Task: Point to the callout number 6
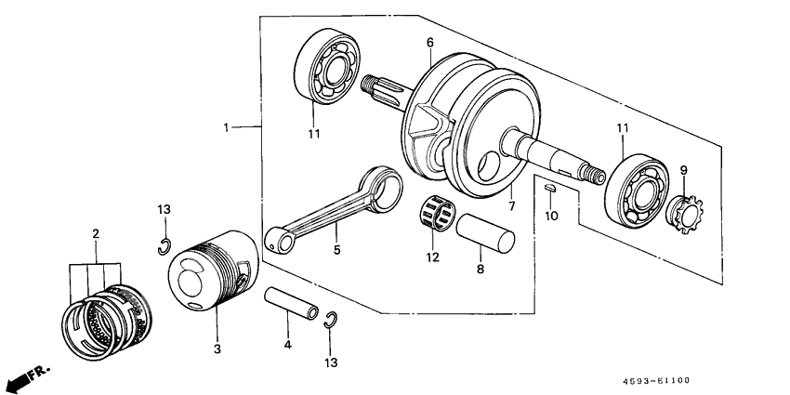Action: point(430,42)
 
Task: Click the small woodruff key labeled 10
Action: point(549,189)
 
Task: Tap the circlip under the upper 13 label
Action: point(164,246)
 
